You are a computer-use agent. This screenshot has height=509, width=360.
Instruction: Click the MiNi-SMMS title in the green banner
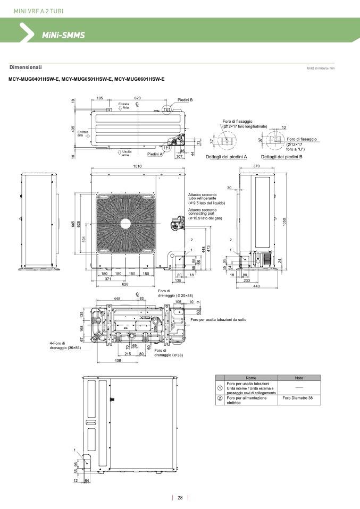coord(63,35)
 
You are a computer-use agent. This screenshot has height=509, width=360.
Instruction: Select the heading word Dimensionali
coord(26,67)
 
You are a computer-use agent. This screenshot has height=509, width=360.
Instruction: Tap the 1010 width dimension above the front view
coord(137,166)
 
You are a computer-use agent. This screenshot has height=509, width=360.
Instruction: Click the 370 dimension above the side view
coord(256,166)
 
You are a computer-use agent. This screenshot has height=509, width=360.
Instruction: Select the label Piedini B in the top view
coord(185,99)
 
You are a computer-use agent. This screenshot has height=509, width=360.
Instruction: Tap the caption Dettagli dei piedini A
coord(227,157)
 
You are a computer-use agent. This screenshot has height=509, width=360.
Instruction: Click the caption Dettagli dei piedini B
coord(281,157)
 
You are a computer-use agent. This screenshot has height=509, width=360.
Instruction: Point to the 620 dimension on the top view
coord(137,98)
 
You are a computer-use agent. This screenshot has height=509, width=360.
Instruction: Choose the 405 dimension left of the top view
coord(73,129)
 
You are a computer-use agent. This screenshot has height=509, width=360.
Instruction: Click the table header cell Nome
coord(250,378)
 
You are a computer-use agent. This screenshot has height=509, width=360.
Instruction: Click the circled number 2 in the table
coord(220,398)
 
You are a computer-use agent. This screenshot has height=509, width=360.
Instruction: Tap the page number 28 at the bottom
coord(180,498)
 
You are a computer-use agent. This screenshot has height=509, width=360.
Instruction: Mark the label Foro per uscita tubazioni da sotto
coord(222,319)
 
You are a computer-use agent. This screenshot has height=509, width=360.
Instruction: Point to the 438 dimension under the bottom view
coord(118,360)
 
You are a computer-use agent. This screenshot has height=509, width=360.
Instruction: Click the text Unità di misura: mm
coord(321,69)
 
